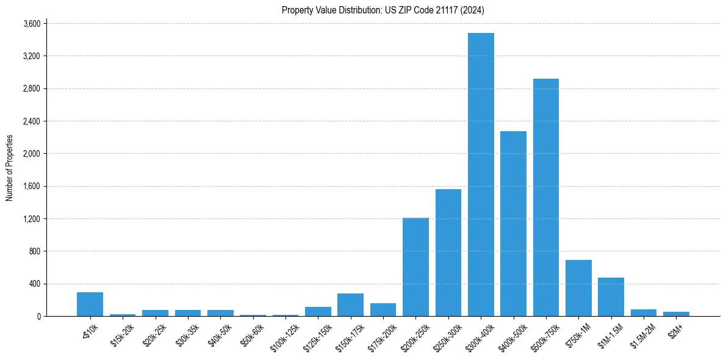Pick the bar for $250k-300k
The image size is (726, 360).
(x=448, y=253)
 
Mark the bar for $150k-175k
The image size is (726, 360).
(x=350, y=304)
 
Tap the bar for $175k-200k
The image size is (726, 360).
(x=383, y=309)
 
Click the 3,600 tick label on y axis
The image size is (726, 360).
(x=32, y=24)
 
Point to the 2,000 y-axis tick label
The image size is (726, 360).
(x=32, y=154)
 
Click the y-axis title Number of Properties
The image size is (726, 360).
(x=9, y=168)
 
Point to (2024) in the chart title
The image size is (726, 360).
(x=473, y=10)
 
